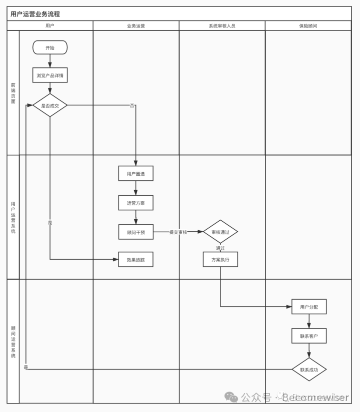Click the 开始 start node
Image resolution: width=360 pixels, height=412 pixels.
(50, 47)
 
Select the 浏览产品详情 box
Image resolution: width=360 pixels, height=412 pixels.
(50, 75)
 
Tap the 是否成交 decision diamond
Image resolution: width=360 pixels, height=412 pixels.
(50, 105)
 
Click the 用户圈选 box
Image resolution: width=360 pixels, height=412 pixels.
(136, 173)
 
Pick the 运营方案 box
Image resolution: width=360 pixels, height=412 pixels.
(136, 203)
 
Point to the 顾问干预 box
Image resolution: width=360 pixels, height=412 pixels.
(136, 232)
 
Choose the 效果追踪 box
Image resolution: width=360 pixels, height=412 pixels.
(136, 260)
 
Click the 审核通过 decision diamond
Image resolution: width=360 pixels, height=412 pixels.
(220, 232)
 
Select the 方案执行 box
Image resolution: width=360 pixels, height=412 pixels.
(220, 260)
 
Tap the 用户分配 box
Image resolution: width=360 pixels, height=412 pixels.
(309, 307)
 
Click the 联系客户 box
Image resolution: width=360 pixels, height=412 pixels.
(309, 336)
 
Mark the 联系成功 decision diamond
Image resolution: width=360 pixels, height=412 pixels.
(309, 370)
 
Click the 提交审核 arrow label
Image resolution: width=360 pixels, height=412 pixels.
(178, 232)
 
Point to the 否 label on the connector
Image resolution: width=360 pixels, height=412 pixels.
(132, 106)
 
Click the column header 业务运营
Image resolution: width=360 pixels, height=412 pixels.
(136, 25)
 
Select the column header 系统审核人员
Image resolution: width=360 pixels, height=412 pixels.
(222, 25)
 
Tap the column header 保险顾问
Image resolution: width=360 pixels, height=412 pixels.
(308, 25)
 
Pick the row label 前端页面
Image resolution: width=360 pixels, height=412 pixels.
(13, 93)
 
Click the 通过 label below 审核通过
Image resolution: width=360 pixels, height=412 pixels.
(220, 248)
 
